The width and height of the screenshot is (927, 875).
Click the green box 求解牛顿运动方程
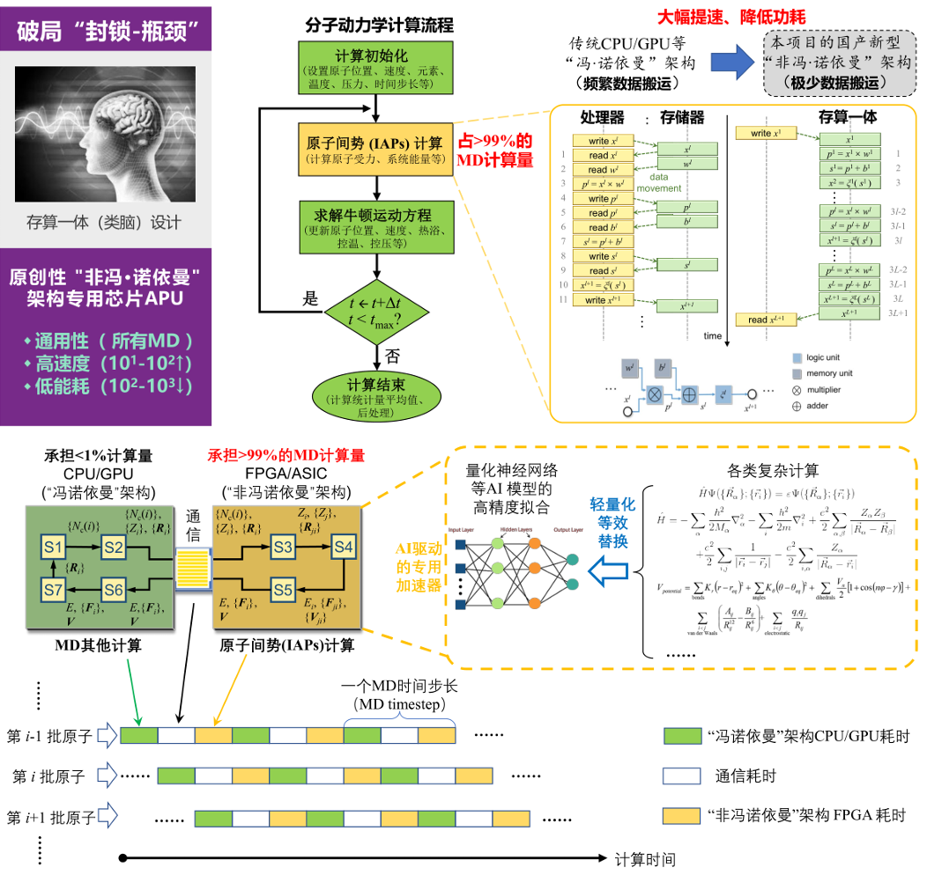(376, 224)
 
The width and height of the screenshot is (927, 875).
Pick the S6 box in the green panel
(113, 589)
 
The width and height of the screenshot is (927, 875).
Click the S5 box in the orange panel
(283, 589)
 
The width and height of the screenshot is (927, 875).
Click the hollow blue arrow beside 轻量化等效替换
(610, 572)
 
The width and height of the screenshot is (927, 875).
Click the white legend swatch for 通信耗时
(680, 776)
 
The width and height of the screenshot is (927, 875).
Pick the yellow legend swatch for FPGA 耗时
(680, 815)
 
